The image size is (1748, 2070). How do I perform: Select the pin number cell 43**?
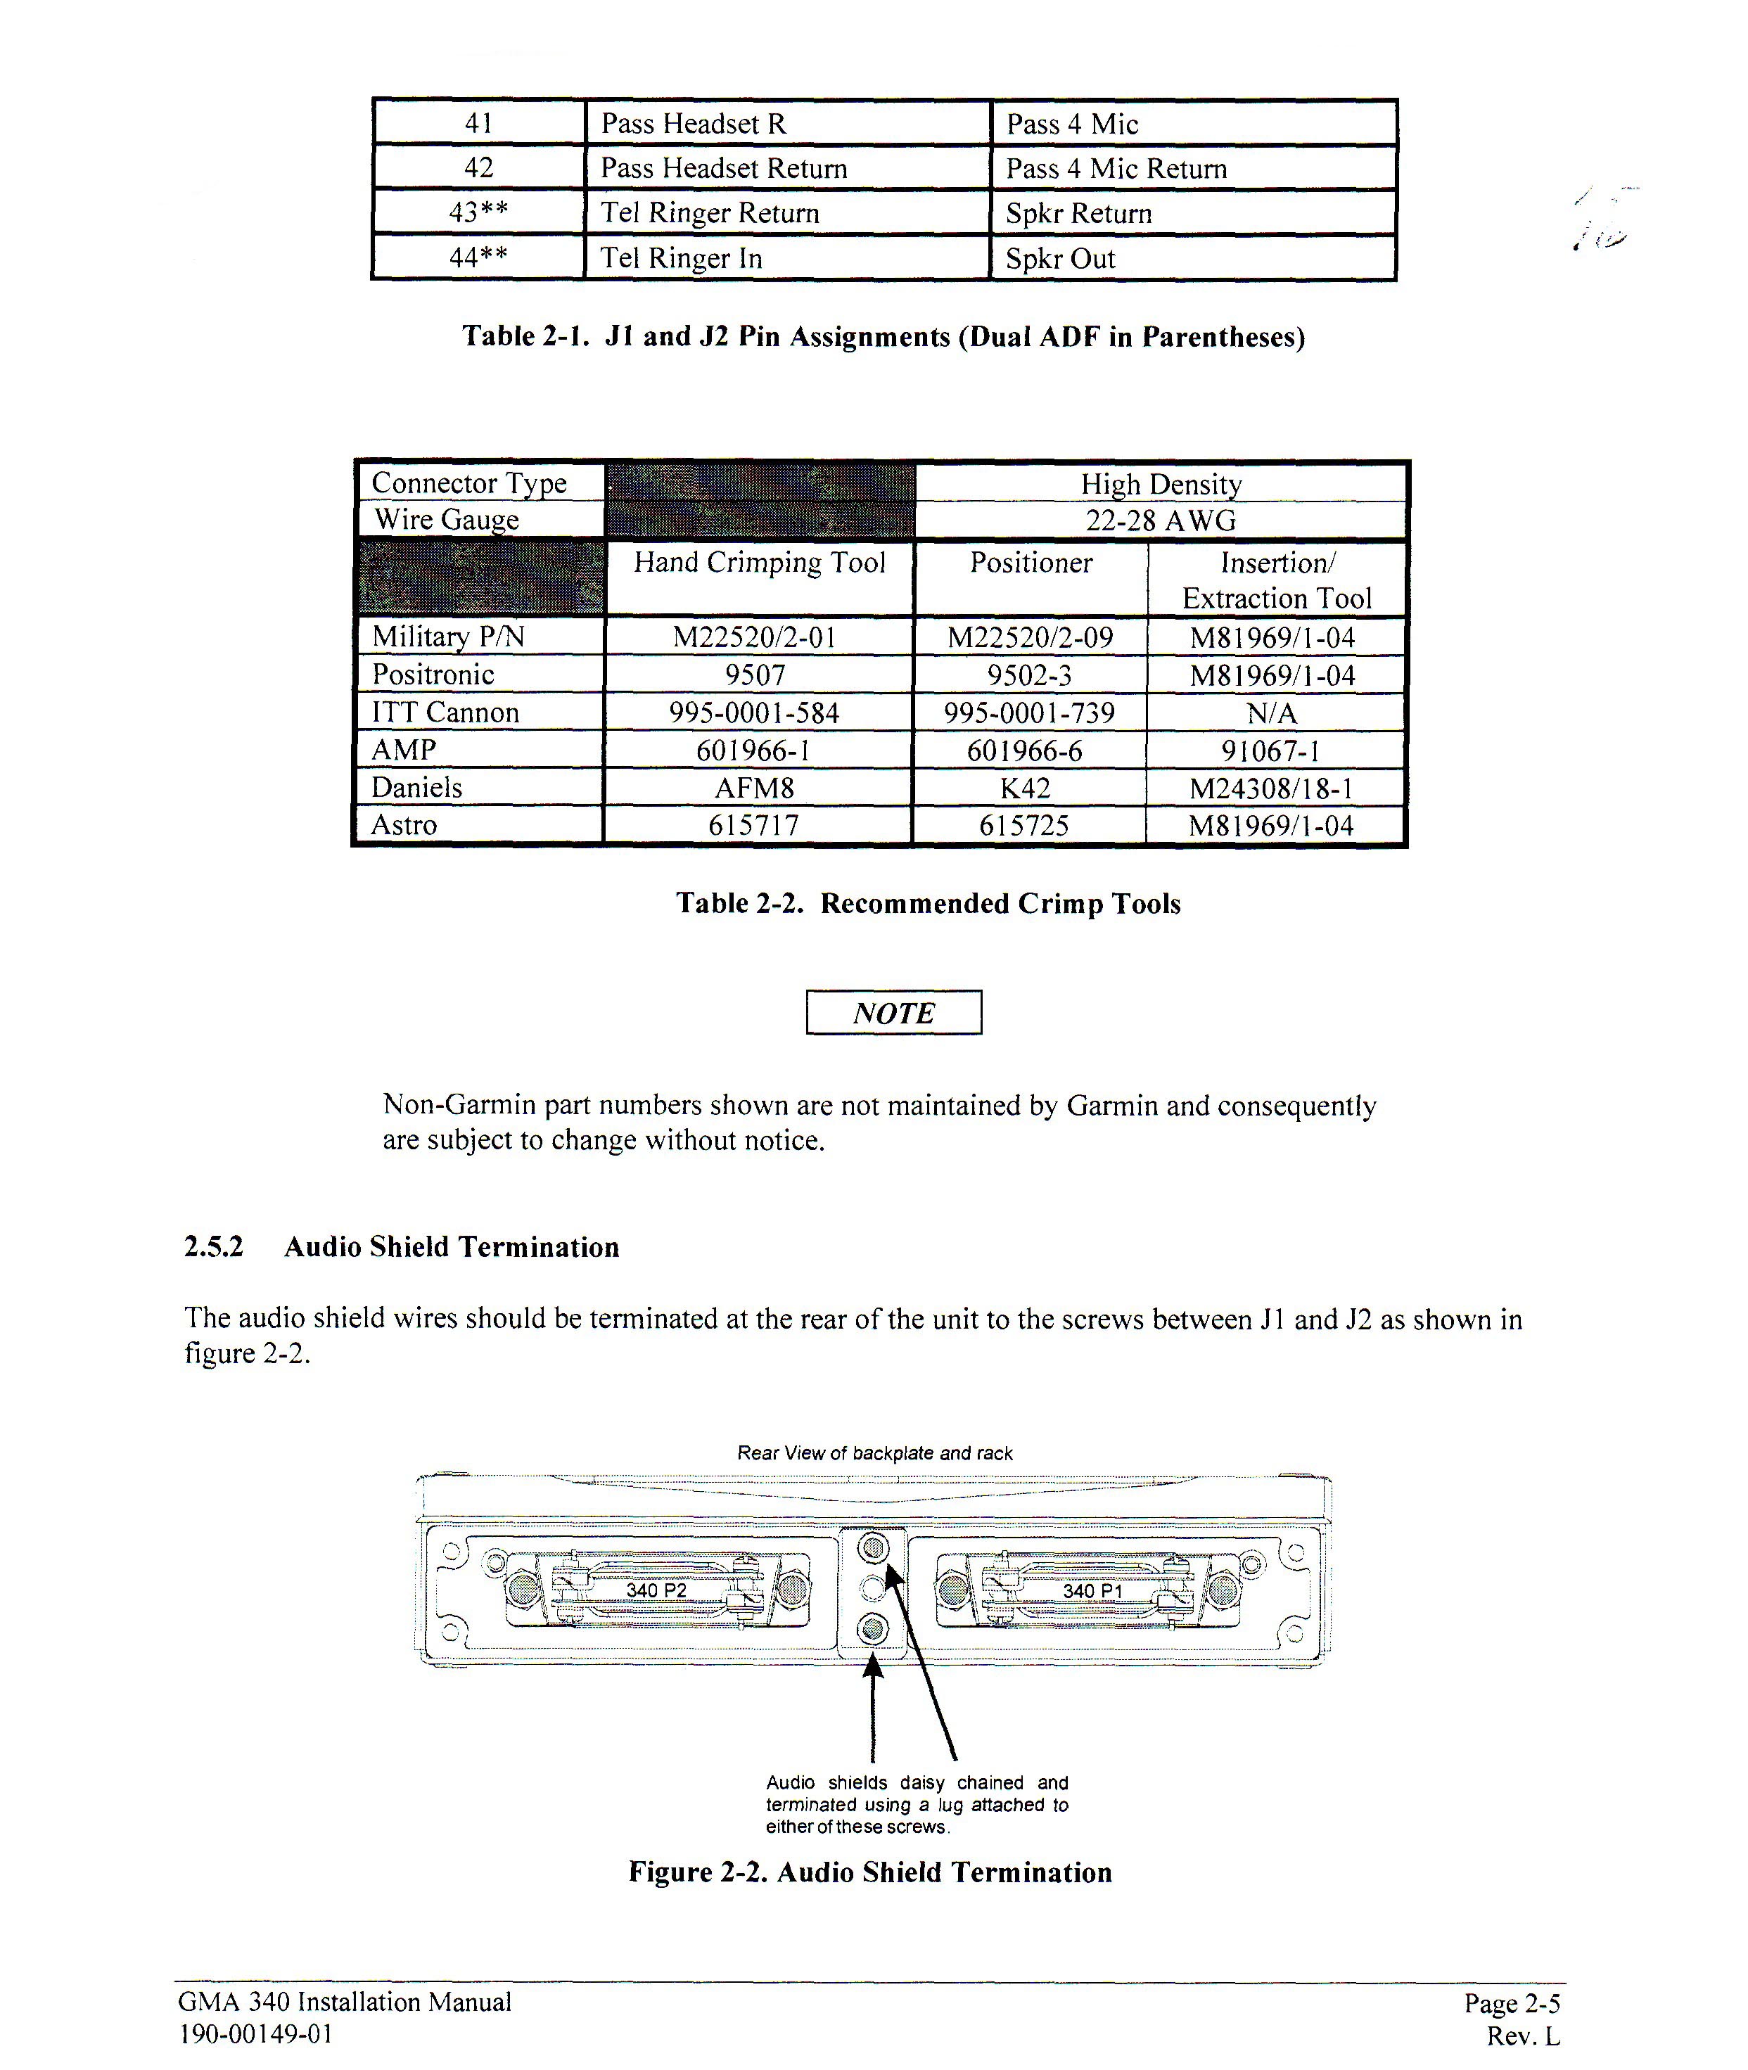[478, 213]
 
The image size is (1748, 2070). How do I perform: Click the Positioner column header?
[1031, 563]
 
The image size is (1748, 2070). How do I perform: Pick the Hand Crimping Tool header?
[759, 563]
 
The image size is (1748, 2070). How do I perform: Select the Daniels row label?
[417, 788]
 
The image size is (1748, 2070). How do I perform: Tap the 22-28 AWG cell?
[1161, 520]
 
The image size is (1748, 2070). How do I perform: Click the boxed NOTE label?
[894, 1013]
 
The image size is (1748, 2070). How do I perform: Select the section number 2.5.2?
[213, 1246]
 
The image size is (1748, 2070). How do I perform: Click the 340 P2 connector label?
[656, 1590]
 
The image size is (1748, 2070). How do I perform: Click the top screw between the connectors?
[873, 1547]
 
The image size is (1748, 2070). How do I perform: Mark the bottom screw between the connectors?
[872, 1628]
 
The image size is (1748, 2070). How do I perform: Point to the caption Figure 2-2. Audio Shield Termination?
[870, 1872]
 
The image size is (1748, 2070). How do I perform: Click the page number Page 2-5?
[1511, 2004]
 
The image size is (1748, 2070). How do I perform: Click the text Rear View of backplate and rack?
[874, 1454]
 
